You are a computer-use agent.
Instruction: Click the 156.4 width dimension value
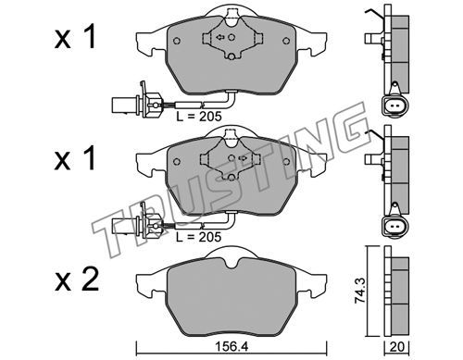pyautogui.click(x=231, y=347)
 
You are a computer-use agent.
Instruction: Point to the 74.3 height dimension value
pyautogui.click(x=359, y=291)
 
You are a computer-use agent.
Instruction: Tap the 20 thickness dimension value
pyautogui.click(x=396, y=347)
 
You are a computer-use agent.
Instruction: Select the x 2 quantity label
pyautogui.click(x=77, y=279)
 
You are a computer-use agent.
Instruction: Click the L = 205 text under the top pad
pyautogui.click(x=199, y=117)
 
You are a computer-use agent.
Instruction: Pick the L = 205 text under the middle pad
pyautogui.click(x=199, y=237)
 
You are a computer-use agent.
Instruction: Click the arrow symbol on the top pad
pyautogui.click(x=220, y=37)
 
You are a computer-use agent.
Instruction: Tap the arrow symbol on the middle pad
pyautogui.click(x=243, y=158)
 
